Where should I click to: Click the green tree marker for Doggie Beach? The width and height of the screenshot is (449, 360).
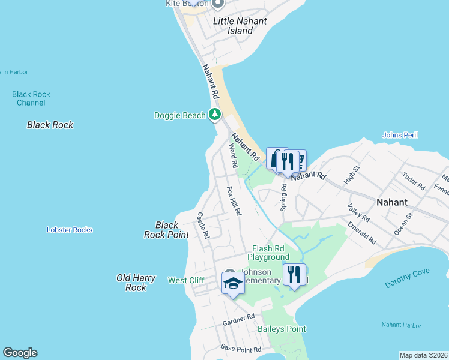214,115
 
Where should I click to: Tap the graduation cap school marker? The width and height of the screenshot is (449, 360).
233,283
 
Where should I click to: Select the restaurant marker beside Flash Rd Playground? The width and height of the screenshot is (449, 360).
294,275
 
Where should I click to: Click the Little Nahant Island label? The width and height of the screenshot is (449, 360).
241,25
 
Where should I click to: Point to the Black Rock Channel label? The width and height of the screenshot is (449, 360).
31,98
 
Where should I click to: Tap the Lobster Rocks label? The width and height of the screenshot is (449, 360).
70,230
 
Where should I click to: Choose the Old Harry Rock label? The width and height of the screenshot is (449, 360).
136,283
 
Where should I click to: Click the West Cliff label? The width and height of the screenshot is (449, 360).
186,280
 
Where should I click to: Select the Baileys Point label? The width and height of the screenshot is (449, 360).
282,329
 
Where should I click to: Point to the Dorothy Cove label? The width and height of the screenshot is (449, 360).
408,278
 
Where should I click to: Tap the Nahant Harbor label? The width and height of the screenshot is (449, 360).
402,325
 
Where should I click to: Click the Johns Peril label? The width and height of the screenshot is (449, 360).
400,135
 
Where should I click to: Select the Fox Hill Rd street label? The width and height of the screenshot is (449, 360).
233,200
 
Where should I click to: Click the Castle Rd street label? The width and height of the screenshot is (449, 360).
203,225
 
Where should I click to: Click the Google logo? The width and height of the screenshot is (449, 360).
20,353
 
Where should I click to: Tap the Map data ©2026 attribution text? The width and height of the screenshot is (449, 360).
423,355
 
